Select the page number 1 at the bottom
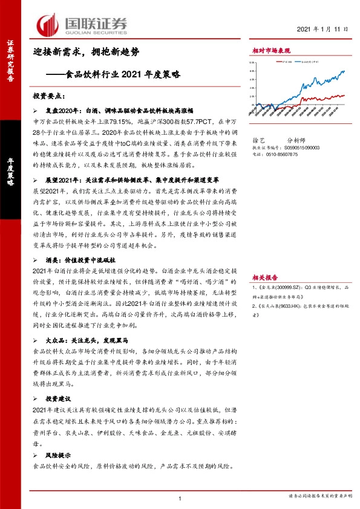(180, 498)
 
